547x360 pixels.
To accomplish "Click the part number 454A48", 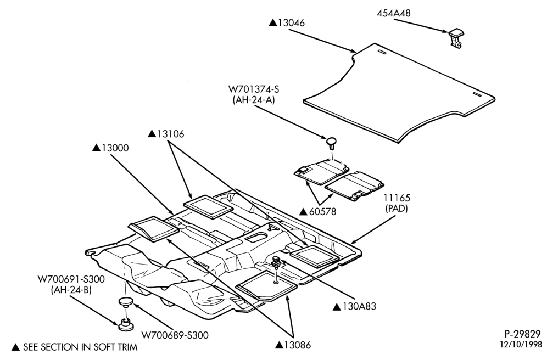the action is [394, 13].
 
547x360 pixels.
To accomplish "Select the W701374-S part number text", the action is [254, 89].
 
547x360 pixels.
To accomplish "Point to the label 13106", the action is [171, 134].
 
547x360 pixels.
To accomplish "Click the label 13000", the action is [115, 148].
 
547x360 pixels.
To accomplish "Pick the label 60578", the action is [323, 211].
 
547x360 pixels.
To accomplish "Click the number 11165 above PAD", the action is [397, 198].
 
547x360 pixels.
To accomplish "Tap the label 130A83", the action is [359, 307].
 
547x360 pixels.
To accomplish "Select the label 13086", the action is [297, 345].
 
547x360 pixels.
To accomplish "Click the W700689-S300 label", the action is [175, 335].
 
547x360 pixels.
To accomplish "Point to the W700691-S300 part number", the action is [71, 279].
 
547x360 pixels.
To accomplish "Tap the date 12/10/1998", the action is [521, 344].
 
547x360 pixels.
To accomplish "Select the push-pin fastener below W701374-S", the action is [332, 143].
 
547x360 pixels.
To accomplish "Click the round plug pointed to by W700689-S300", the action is [125, 302].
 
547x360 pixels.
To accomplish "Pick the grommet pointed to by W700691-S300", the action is [125, 324].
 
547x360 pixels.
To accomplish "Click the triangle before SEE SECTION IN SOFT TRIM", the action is [16, 347].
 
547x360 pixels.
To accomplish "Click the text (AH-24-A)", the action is [254, 100].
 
